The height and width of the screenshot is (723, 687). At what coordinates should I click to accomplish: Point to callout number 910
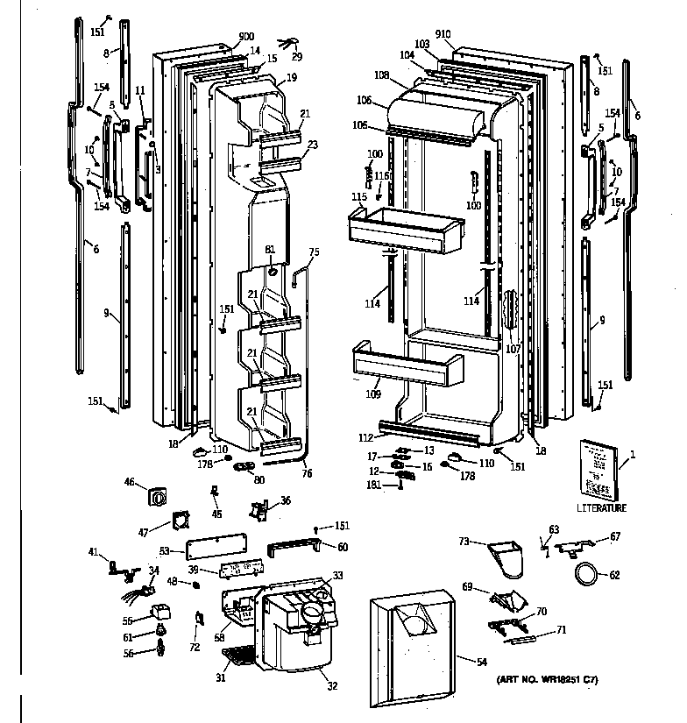(x=443, y=34)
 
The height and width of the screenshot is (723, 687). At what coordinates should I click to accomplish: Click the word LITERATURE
(x=601, y=508)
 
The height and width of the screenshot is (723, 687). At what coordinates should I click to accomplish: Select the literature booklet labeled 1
(x=599, y=469)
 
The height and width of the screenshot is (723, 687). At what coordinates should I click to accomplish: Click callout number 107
(x=513, y=349)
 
